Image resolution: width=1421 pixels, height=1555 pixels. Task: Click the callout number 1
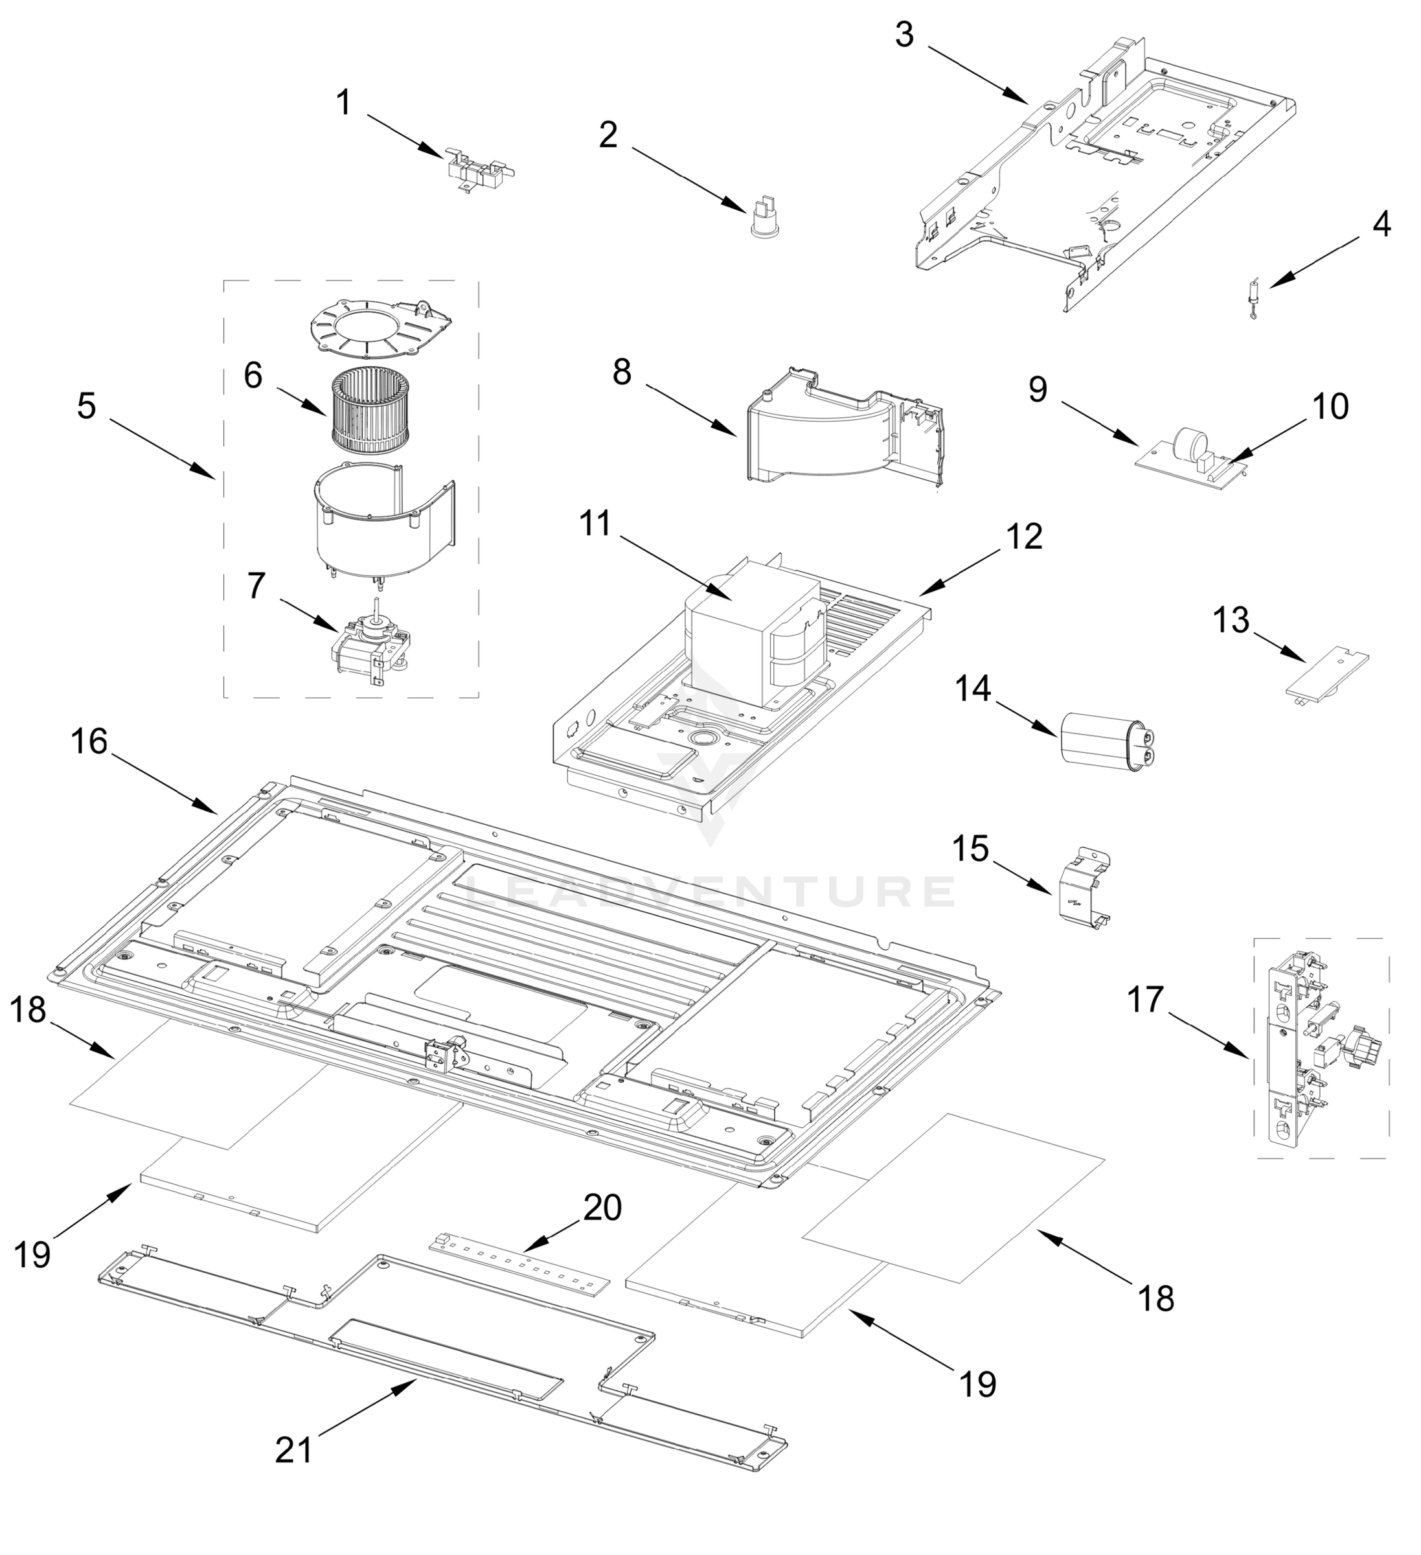(344, 102)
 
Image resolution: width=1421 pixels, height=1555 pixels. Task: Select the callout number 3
(904, 35)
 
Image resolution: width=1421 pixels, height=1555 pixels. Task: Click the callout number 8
(622, 373)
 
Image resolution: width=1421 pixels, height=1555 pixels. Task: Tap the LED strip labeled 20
(519, 1266)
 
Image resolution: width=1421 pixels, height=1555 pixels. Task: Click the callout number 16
(89, 742)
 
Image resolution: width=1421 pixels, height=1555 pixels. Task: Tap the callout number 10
(1330, 406)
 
